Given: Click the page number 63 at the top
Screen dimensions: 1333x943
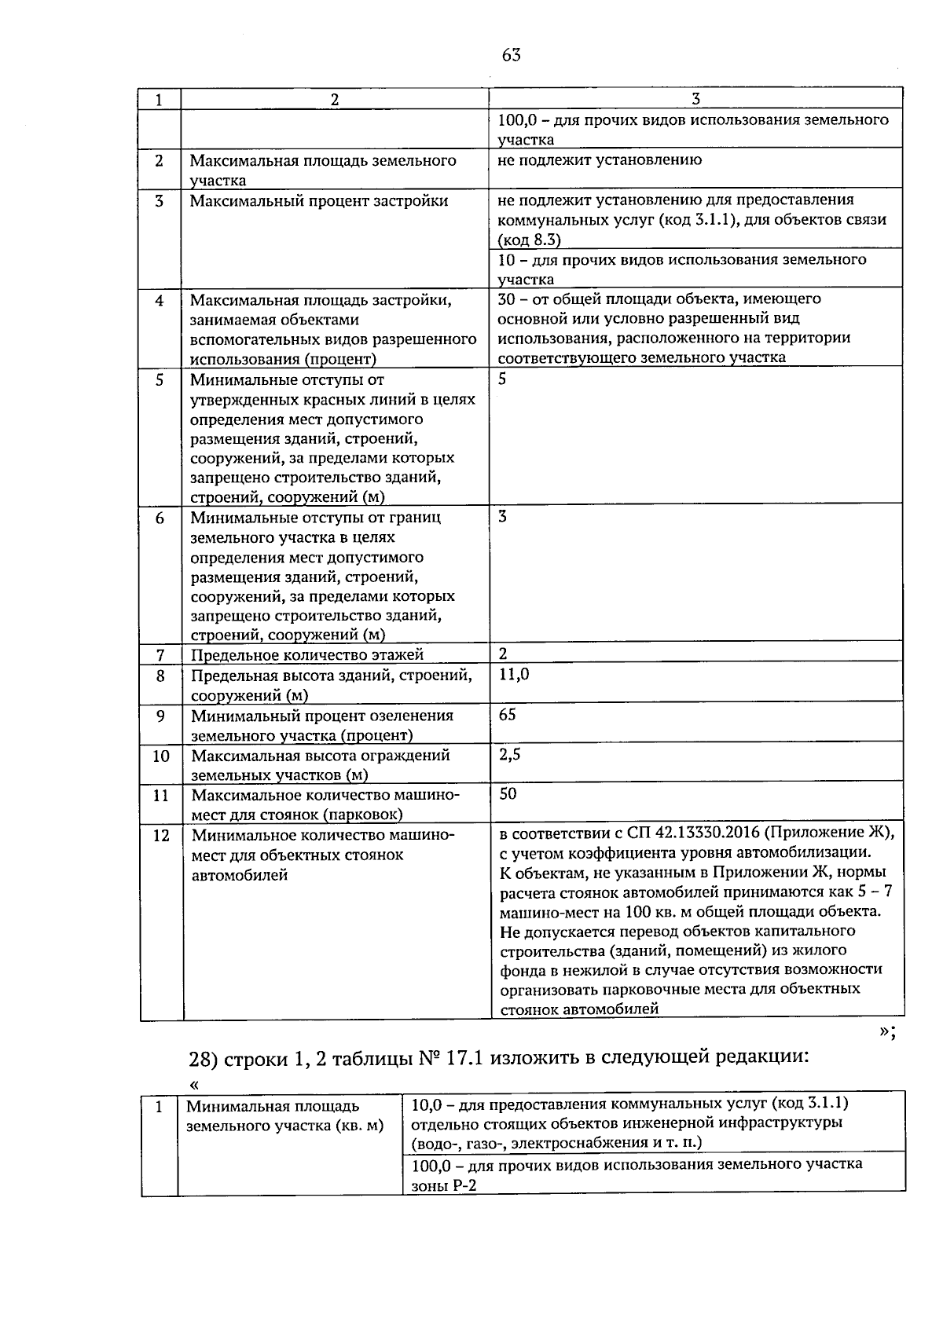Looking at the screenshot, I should pos(511,55).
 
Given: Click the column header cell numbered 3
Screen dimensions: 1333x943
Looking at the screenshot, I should pos(695,99).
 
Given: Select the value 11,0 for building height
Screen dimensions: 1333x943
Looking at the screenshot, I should pos(514,674).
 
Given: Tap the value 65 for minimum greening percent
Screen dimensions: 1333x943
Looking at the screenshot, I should pos(508,714).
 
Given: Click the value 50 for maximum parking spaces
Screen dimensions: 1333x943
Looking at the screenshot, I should pos(508,793).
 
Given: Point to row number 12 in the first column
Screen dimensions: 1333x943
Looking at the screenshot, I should pos(160,835).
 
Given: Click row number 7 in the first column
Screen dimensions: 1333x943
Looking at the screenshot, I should pos(160,654).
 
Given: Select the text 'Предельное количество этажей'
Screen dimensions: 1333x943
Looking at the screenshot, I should pos(307,654).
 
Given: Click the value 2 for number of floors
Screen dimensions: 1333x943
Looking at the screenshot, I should pos(503,654).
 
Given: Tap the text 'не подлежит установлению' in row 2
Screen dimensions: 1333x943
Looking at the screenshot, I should pos(600,159).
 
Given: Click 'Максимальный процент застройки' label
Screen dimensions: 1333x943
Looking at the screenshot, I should pos(319,200).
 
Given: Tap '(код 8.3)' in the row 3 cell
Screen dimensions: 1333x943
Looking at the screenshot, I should pos(529,240).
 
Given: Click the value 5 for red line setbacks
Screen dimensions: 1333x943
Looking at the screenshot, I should pos(503,379).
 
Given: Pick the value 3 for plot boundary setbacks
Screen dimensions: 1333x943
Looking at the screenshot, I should pos(503,516).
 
